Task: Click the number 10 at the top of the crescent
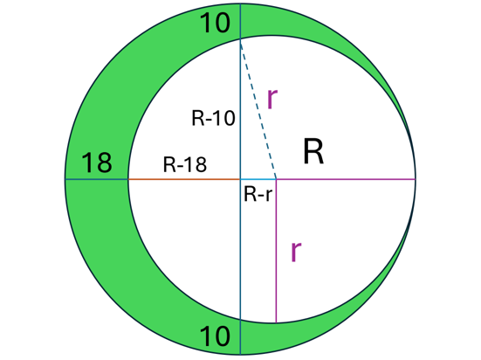[215, 23]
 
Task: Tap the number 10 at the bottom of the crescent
[215, 336]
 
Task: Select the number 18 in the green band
[97, 163]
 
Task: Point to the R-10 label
[213, 118]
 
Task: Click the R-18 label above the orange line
[185, 164]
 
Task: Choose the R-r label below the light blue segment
[258, 195]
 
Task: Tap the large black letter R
[313, 152]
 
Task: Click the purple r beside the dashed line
[272, 98]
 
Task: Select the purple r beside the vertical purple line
[296, 252]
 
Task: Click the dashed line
[258, 109]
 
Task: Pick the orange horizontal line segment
[184, 179]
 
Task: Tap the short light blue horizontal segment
[258, 179]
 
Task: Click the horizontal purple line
[346, 179]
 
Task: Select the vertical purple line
[277, 251]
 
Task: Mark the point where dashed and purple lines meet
[277, 179]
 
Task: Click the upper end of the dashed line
[241, 40]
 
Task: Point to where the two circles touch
[416, 179]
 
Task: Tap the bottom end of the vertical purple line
[277, 322]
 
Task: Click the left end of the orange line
[128, 179]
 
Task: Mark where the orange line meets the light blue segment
[241, 179]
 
